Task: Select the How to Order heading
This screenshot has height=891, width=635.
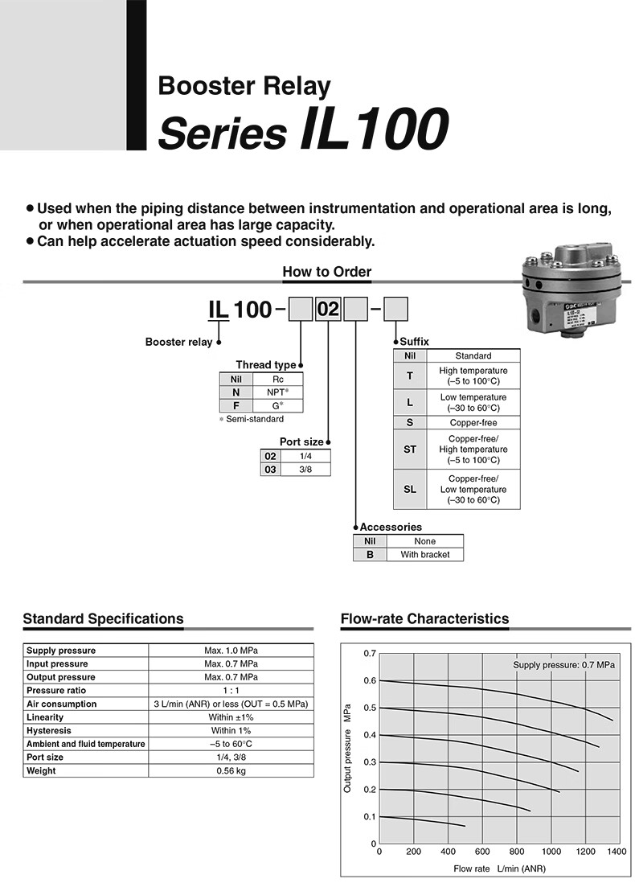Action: tap(326, 272)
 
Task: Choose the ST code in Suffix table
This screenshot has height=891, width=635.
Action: tap(410, 450)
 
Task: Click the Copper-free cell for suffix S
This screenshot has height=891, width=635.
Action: tap(473, 423)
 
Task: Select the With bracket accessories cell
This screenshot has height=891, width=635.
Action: tap(424, 555)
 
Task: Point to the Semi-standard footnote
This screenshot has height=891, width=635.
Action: tap(252, 419)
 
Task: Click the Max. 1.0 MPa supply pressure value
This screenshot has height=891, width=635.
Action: tap(231, 651)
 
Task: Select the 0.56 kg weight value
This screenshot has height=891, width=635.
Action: tap(231, 770)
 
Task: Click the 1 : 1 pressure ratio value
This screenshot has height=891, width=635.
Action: tap(231, 691)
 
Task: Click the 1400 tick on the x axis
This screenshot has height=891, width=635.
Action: tap(617, 851)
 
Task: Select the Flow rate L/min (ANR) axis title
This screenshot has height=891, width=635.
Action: tap(499, 868)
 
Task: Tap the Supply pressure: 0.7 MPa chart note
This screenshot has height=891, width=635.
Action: tap(563, 665)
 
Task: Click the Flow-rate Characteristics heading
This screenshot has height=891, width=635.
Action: tap(424, 619)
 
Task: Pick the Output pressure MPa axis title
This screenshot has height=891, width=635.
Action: tap(348, 748)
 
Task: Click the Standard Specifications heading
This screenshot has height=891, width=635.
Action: tap(103, 619)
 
